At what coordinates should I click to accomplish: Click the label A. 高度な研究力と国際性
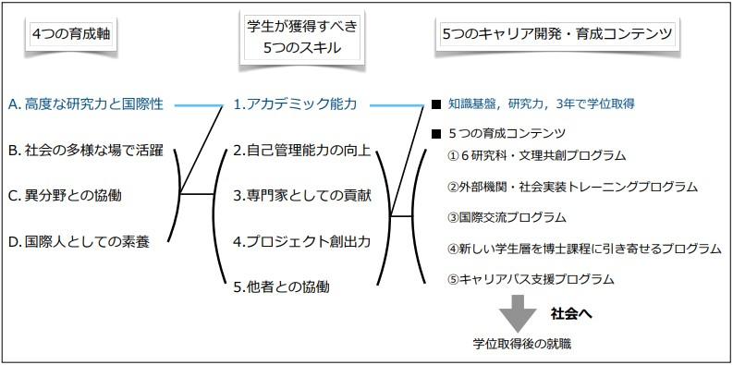(x=90, y=104)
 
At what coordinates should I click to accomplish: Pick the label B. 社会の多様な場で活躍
(x=86, y=150)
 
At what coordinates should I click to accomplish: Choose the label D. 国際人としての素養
(x=78, y=240)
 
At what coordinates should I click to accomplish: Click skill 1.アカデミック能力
(x=294, y=104)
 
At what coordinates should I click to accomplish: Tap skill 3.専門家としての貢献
(x=300, y=195)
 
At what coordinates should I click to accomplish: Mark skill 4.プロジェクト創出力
(x=300, y=240)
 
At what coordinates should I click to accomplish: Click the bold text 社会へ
(x=570, y=313)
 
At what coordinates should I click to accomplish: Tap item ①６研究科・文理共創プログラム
(x=536, y=155)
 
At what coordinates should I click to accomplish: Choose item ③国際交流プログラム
(x=507, y=218)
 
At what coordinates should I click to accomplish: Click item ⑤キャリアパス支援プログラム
(x=531, y=279)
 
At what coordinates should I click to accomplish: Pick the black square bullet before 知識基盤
(x=435, y=104)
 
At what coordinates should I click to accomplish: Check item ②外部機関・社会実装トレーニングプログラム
(x=571, y=187)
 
